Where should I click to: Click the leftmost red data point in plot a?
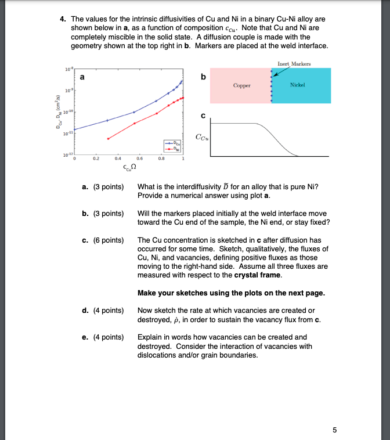pos(108,138)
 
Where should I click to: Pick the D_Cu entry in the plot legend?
pos(172,142)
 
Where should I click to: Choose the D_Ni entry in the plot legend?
pos(172,147)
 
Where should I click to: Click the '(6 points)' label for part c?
pos(109,240)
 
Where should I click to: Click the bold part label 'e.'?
pos(85,337)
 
